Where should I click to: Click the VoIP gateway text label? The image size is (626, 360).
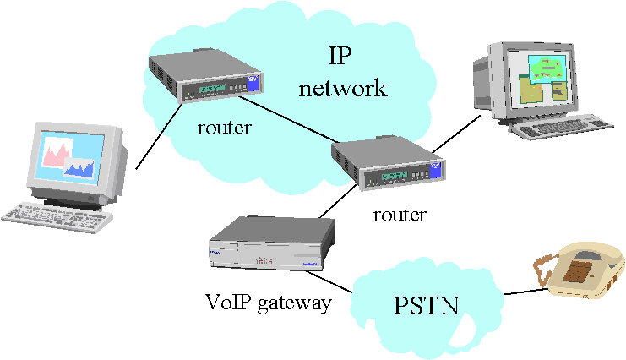coord(269,302)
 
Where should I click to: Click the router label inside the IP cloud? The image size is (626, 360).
coord(225,128)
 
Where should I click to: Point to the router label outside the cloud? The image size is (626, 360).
coord(400,215)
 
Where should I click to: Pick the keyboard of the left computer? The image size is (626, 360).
coord(56,213)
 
